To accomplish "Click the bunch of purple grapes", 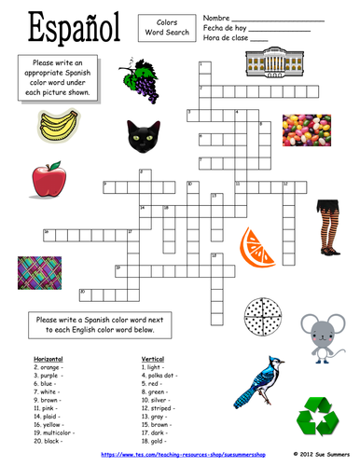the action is [140, 76].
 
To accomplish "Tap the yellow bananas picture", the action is [60, 125].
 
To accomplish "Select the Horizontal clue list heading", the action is [50, 358].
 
